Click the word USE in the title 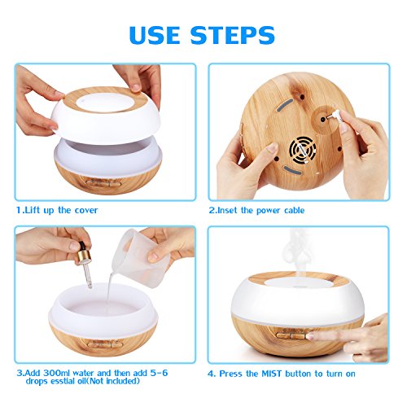(155, 35)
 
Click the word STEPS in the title (233, 35)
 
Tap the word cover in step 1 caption (86, 210)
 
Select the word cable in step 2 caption (295, 210)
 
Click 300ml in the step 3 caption (56, 373)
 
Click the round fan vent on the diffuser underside (302, 150)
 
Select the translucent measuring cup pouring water (140, 257)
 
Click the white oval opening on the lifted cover (102, 103)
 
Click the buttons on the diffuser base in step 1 (103, 183)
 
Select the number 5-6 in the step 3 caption (159, 373)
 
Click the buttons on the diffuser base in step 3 (105, 344)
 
